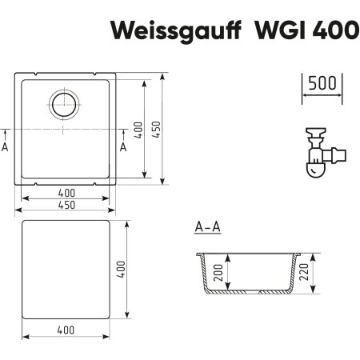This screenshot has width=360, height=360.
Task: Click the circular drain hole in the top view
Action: [x=65, y=103]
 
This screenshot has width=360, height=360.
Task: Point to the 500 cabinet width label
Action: [x=322, y=84]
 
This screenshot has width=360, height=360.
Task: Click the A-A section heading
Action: [x=207, y=230]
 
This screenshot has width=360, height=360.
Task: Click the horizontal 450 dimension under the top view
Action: [x=66, y=206]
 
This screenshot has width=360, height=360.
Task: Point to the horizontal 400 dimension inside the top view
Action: [x=66, y=192]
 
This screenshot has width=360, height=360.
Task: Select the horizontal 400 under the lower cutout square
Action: [x=66, y=330]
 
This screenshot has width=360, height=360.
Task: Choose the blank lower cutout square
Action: [x=66, y=267]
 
